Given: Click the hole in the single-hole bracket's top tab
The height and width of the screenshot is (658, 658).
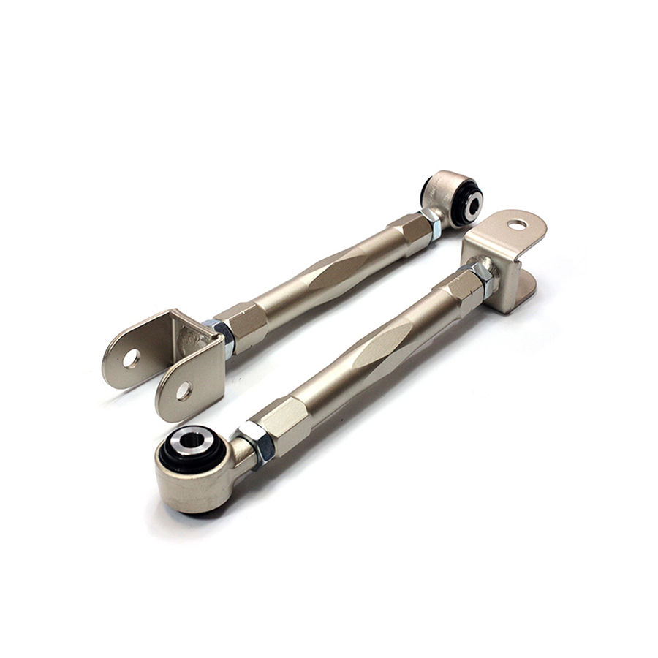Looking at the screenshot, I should [x=518, y=224].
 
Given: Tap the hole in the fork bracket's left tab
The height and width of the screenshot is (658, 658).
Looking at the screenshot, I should [x=132, y=358].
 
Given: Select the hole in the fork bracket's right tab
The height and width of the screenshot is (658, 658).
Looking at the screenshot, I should [x=184, y=390].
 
